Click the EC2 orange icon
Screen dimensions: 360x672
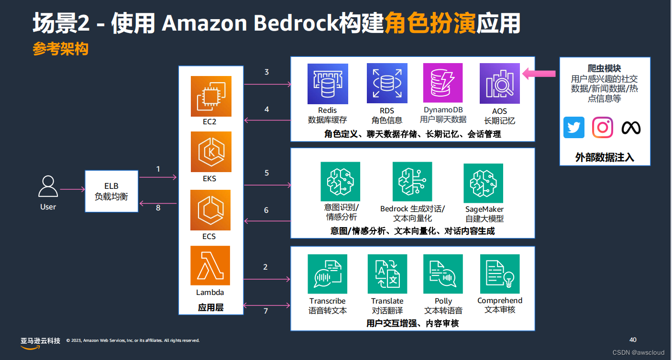211,96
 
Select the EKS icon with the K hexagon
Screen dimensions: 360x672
211,152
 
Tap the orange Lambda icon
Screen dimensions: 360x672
210,265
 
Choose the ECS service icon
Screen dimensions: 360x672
211,210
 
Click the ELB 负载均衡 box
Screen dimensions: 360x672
111,191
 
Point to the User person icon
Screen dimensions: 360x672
48,187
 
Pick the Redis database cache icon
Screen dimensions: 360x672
328,84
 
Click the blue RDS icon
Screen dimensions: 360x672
387,84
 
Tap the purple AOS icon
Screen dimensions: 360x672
499,84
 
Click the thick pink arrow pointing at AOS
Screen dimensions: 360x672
539,74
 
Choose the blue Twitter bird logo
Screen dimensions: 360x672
573,128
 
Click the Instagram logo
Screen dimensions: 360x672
603,128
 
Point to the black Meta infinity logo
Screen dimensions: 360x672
631,128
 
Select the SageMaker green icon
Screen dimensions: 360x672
484,183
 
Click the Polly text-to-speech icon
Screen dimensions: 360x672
443,274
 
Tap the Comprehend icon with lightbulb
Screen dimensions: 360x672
500,274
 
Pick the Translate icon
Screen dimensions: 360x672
387,274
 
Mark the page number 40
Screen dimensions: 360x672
633,340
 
